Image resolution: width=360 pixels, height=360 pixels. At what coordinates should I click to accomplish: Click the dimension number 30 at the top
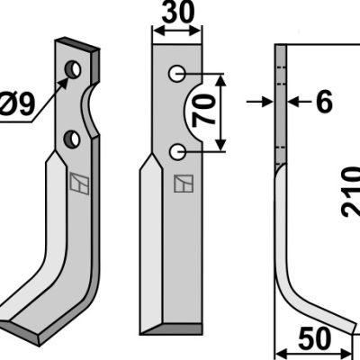[x=177, y=13]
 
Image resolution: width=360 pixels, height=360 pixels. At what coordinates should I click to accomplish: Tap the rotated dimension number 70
[x=204, y=110]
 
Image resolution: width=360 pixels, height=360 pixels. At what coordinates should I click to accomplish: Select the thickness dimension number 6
[x=324, y=102]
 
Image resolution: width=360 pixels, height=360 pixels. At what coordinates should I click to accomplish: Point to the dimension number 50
[x=315, y=338]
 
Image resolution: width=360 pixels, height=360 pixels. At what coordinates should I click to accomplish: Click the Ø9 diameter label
[x=17, y=104]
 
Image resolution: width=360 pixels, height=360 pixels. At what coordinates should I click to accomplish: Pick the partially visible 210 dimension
[x=351, y=193]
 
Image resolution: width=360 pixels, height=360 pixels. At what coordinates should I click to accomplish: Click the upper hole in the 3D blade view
[x=73, y=69]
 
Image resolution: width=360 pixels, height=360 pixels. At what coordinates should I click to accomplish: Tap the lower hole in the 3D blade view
[x=72, y=139]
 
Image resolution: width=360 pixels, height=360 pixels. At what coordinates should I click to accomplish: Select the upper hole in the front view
[x=176, y=74]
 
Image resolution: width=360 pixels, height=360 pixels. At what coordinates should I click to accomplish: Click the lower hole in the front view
[x=177, y=152]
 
